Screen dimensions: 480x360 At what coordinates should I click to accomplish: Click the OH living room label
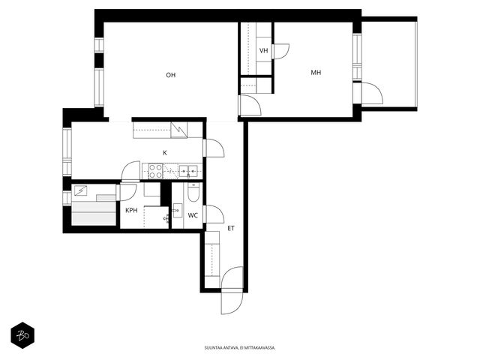tap(171, 75)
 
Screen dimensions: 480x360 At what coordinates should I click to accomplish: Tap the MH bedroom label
tap(316, 73)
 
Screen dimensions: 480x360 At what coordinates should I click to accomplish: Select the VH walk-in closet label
tap(263, 50)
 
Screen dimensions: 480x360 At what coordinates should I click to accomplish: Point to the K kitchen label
tap(165, 153)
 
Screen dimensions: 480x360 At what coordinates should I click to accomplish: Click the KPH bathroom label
tap(131, 210)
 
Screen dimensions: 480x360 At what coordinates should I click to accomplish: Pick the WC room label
tap(193, 215)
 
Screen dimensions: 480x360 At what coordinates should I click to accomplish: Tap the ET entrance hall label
tap(231, 228)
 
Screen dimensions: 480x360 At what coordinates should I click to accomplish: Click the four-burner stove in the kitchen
tap(155, 171)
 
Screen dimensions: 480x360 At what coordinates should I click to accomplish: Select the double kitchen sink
tap(188, 171)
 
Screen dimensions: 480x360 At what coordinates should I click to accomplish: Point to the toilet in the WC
tap(193, 192)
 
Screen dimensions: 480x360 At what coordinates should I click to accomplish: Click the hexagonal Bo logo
tap(22, 335)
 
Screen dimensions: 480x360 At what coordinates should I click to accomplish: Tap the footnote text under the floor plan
tap(240, 348)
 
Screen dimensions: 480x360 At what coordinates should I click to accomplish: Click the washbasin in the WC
tap(178, 210)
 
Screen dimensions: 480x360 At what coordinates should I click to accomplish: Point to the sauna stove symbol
tap(81, 191)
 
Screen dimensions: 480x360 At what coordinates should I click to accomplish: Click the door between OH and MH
tap(250, 105)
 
